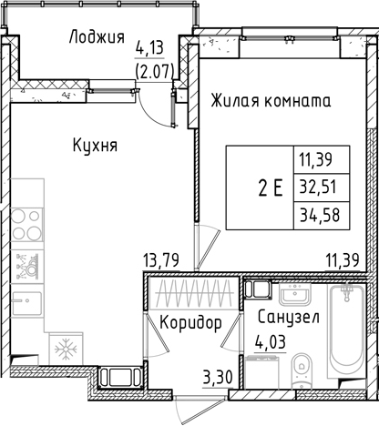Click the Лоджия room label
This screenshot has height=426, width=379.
pos(97,37)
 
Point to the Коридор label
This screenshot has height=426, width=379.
pos(190,323)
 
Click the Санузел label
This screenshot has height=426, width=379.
pos(287,318)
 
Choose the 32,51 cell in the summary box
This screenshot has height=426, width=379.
pos(313,190)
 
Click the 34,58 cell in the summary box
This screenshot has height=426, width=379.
pos(313,218)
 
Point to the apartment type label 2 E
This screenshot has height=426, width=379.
pos(270,190)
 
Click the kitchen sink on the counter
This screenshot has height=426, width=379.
pos(27,267)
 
